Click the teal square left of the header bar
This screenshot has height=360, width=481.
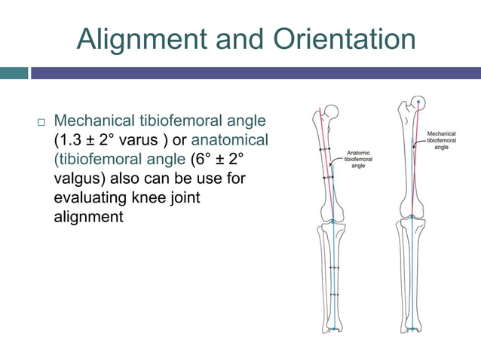click(14, 73)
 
